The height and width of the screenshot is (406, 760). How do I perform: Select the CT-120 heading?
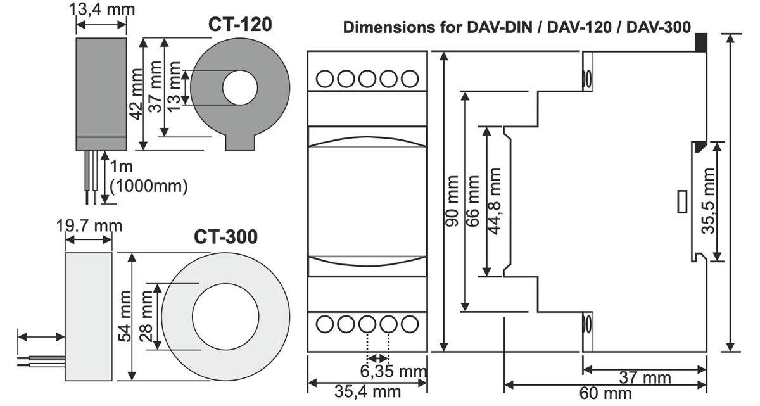(240, 25)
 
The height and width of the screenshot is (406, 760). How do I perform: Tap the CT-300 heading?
(225, 237)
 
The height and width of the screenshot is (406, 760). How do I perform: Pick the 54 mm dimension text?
(125, 316)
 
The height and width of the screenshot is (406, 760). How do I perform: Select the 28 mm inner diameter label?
(147, 316)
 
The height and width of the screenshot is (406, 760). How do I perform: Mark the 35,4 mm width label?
(369, 391)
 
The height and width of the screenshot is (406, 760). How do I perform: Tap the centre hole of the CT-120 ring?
(239, 88)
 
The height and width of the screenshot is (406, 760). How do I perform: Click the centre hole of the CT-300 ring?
(225, 317)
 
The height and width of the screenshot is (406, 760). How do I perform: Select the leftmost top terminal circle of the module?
(326, 79)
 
